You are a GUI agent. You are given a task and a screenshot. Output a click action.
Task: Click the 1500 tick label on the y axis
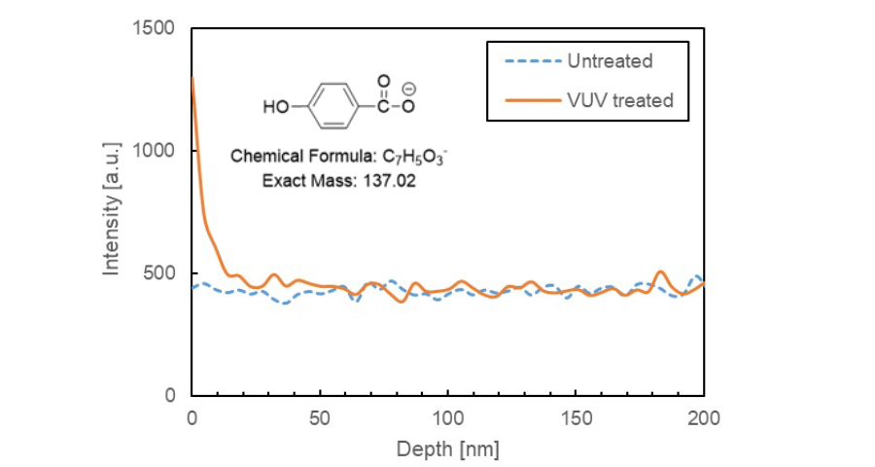click(x=156, y=28)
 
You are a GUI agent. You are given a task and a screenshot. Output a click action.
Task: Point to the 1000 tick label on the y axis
click(x=156, y=151)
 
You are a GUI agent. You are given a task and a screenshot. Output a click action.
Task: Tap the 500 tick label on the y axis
click(x=160, y=273)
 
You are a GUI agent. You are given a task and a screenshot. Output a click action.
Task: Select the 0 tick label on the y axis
click(x=169, y=396)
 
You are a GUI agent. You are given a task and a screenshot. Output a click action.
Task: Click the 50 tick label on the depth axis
click(x=320, y=419)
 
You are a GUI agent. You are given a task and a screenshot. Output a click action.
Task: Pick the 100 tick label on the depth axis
click(x=447, y=419)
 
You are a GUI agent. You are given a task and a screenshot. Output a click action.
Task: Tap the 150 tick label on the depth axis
click(x=576, y=419)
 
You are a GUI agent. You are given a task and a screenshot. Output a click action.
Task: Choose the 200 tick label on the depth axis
click(x=703, y=419)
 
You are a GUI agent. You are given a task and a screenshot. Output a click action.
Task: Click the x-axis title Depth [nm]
click(x=447, y=449)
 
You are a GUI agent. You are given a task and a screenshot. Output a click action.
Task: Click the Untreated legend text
click(x=610, y=62)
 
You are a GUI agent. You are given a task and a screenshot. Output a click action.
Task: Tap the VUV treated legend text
click(x=619, y=100)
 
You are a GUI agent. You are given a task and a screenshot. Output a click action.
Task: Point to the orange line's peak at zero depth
click(x=192, y=78)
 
